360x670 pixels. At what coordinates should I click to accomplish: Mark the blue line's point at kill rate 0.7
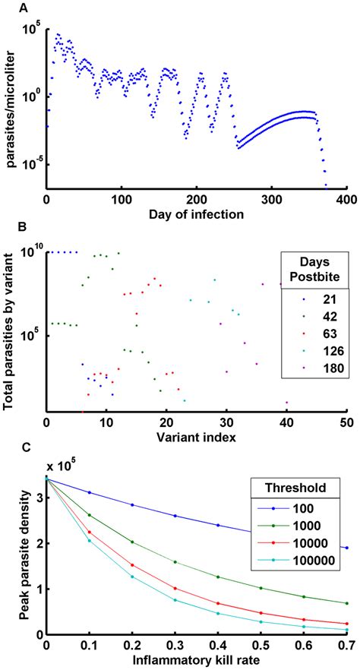pyautogui.click(x=346, y=548)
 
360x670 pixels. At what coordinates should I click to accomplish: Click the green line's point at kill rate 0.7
pyautogui.click(x=346, y=603)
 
